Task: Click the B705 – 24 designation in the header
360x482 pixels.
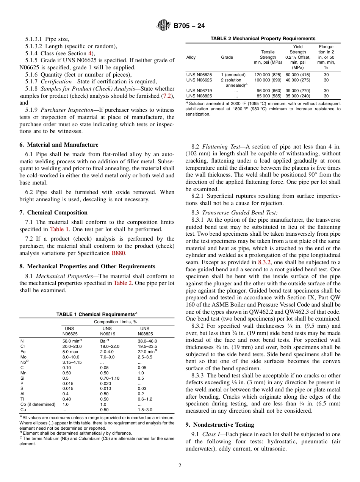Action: point(189,26)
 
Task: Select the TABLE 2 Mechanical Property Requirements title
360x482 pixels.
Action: point(263,39)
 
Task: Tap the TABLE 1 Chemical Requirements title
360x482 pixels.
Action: point(97,314)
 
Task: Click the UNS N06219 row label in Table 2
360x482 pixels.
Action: point(199,91)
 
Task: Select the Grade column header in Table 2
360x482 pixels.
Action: point(227,57)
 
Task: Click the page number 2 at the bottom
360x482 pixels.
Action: point(180,466)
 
